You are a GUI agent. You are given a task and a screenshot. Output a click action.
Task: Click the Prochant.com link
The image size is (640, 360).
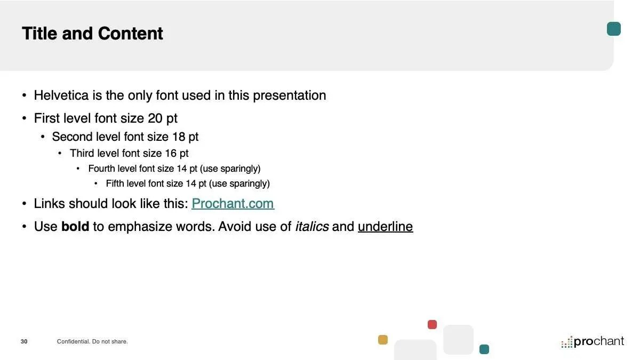[x=233, y=204]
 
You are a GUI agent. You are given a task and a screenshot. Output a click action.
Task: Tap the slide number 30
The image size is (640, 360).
[x=24, y=341]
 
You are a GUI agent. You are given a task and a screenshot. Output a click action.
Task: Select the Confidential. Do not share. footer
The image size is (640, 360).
[x=92, y=341]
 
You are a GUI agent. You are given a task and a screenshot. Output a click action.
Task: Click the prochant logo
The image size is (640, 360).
[x=593, y=342]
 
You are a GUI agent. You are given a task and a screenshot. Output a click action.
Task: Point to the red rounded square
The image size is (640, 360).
[x=432, y=325]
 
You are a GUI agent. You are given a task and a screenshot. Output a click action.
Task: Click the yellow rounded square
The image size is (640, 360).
[x=383, y=340]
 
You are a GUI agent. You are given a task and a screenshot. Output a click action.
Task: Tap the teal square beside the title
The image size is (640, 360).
[x=614, y=29]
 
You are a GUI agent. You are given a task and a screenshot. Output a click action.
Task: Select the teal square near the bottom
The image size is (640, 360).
[x=484, y=349]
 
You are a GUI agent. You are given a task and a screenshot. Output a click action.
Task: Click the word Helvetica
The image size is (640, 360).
[x=61, y=95]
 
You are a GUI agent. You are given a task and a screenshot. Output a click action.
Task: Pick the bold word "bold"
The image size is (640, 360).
[x=75, y=227]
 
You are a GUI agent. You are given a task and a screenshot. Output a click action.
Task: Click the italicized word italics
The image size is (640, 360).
[x=311, y=227]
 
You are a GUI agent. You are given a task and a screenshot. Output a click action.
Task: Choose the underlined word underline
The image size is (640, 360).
[x=386, y=227]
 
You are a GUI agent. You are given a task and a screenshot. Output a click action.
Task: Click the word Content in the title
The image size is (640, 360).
[x=130, y=34]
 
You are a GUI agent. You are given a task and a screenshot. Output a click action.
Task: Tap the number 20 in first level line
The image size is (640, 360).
[x=155, y=118]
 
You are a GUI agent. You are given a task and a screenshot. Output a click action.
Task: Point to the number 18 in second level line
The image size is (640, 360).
[x=179, y=137]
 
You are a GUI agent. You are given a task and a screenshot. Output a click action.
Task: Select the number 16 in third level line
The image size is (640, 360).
[x=171, y=154]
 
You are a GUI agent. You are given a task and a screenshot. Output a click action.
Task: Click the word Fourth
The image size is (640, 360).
[x=101, y=169]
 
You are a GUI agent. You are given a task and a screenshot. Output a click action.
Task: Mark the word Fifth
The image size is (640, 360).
[x=115, y=183]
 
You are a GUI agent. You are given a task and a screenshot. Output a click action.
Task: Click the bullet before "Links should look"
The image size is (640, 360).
[x=25, y=204]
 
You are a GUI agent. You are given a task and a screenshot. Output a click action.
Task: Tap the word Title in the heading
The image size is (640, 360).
[x=39, y=34]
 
